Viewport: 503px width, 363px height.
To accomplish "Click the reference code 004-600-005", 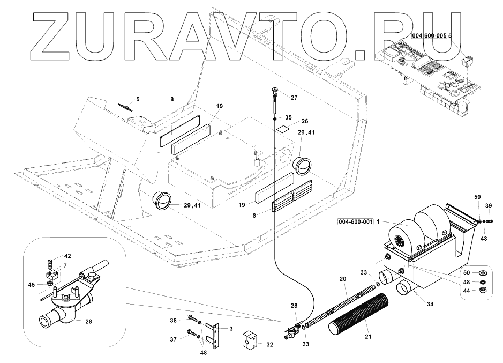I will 430,35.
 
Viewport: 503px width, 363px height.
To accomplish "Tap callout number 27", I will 294,97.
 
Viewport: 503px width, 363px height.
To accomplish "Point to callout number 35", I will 288,117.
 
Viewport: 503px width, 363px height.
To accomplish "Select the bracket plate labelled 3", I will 217,337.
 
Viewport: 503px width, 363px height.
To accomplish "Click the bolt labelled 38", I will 191,320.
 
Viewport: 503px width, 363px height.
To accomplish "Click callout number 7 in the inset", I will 65,265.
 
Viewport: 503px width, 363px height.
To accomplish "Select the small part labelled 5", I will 125,107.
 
